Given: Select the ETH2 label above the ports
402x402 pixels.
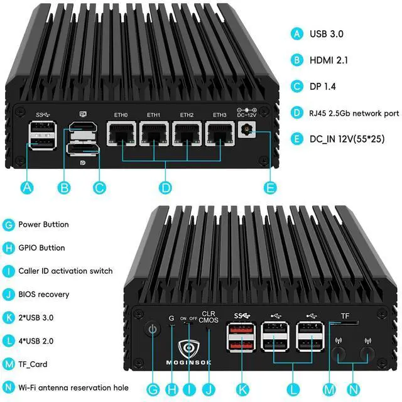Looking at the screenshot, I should tap(187, 115).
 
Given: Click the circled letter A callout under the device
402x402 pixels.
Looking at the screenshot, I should tap(27, 187).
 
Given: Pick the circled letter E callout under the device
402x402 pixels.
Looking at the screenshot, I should tap(271, 187).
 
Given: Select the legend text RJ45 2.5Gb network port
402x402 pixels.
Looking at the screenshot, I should tap(354, 113).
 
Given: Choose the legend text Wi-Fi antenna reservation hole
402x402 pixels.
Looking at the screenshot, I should tap(73, 388).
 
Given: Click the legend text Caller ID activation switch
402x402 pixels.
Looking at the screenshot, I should tap(65, 271).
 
